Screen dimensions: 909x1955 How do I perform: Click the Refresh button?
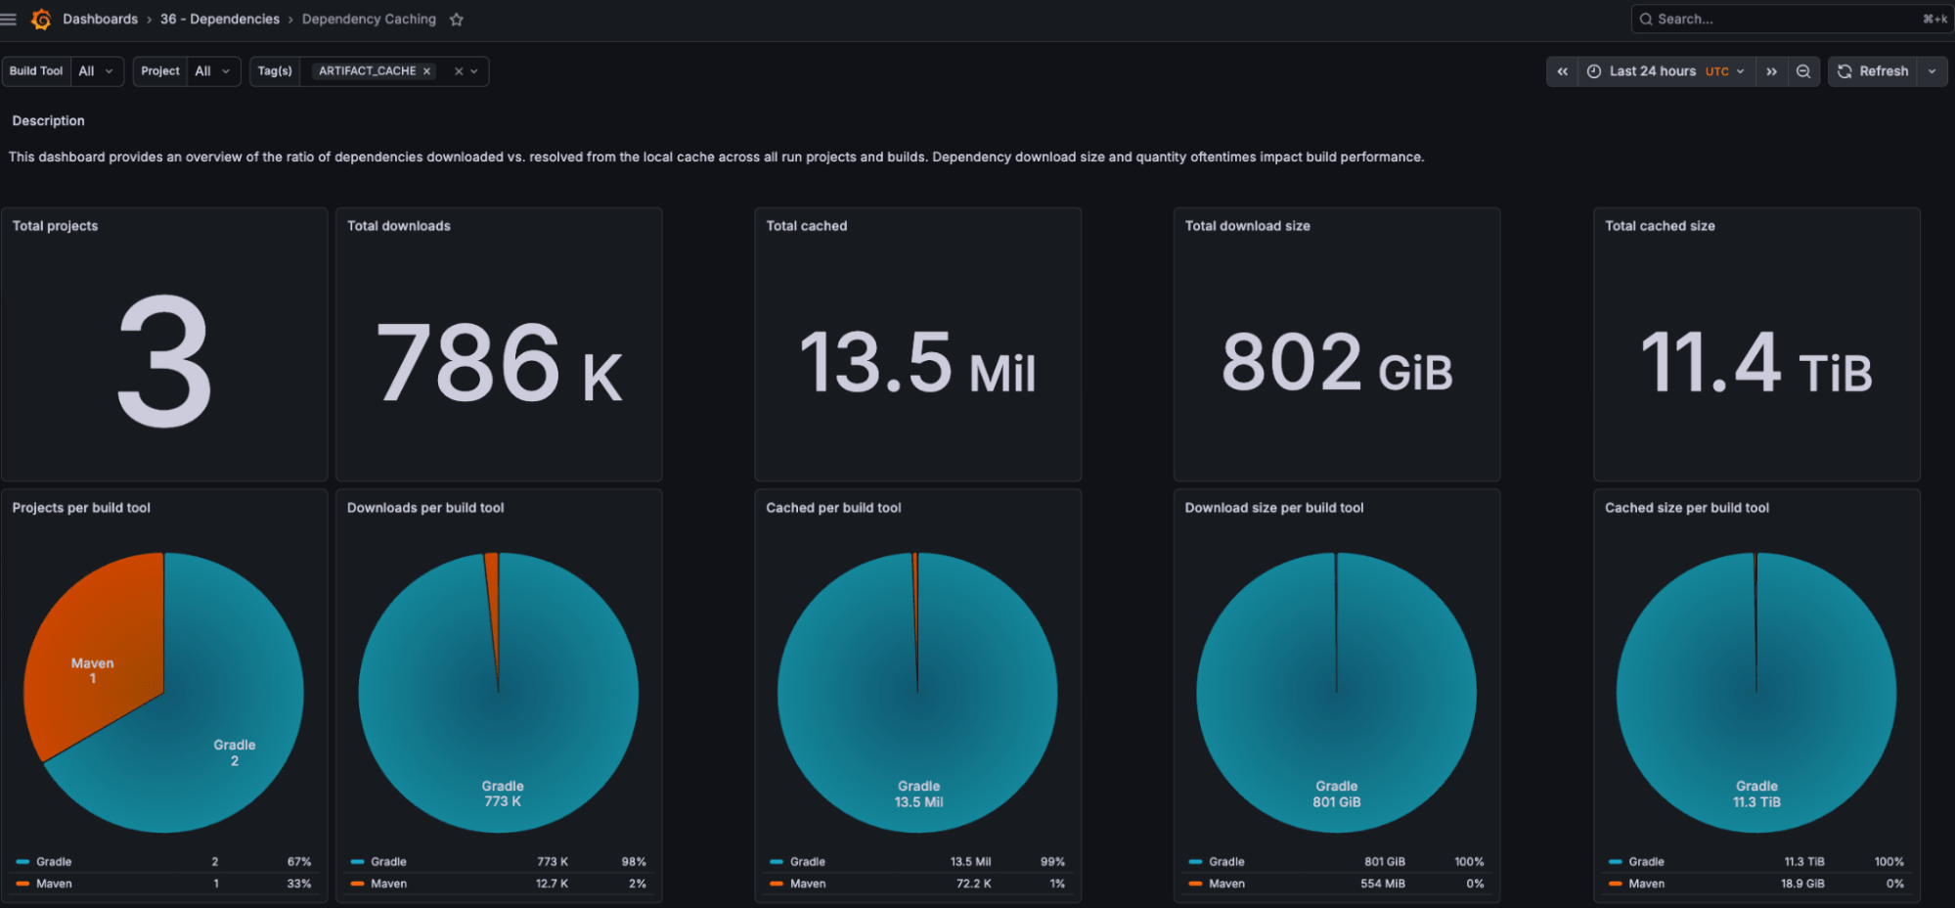pos(1873,71)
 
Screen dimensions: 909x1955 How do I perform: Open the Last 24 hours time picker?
pos(1665,71)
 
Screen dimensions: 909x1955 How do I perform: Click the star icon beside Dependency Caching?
pos(456,20)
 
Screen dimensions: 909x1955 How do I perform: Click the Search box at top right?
pos(1780,19)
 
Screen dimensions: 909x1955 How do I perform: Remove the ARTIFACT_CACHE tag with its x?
pos(426,71)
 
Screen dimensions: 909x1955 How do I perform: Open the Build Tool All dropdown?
pos(97,71)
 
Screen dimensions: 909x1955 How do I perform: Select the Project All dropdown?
pos(212,71)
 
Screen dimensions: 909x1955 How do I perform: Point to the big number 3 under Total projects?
pos(164,362)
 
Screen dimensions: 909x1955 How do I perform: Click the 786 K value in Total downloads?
pos(499,364)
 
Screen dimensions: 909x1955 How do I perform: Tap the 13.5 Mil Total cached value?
pos(917,364)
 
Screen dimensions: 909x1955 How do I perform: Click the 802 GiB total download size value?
pos(1336,364)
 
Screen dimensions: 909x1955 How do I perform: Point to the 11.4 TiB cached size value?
pos(1755,364)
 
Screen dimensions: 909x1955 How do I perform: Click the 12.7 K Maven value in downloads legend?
pos(552,884)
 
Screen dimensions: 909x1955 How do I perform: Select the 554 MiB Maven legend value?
pos(1382,884)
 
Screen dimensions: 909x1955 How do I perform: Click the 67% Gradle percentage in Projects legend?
pos(298,862)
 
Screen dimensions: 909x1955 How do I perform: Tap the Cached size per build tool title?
pos(1686,508)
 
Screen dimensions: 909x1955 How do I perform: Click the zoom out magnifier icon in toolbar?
pos(1803,71)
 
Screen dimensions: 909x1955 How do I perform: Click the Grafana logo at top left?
pos(41,20)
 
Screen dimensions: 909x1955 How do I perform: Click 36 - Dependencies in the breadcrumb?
pos(219,20)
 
